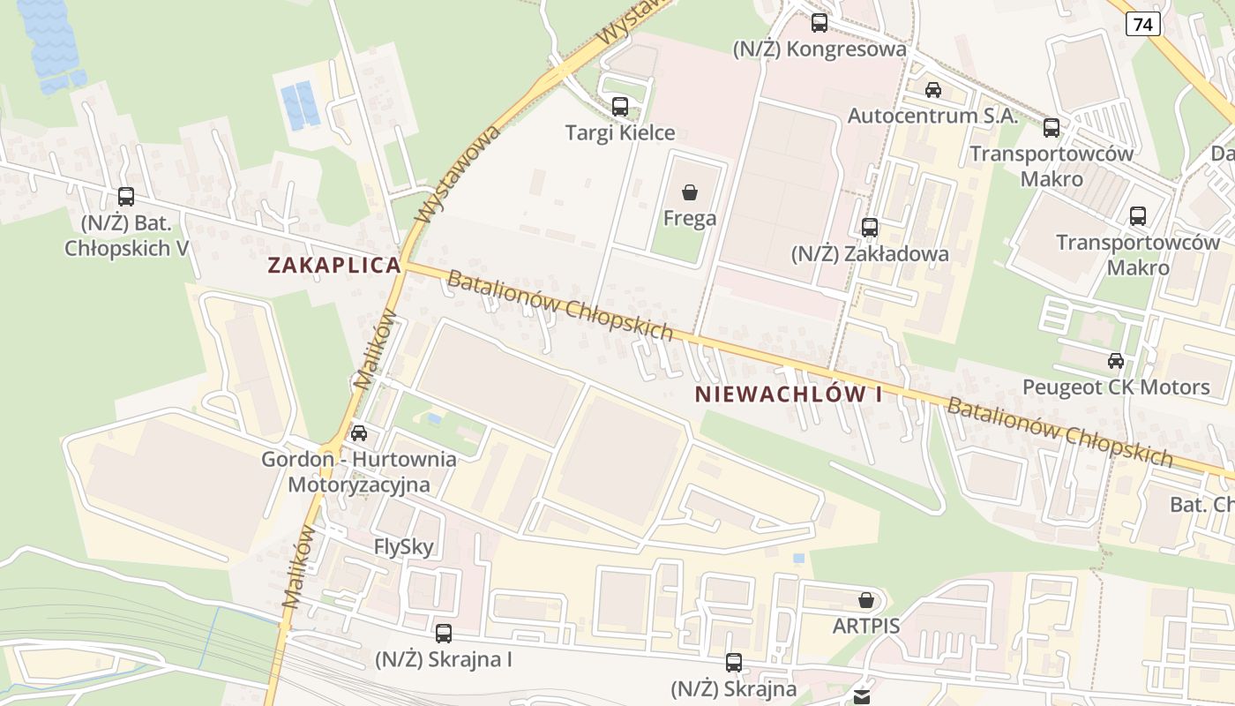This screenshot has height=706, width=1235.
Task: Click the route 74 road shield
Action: coord(1142,25)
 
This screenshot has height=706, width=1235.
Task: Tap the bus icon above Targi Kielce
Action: coord(620,107)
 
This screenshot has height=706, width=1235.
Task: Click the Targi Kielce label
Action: coord(620,133)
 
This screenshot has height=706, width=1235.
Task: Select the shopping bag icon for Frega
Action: coord(690,192)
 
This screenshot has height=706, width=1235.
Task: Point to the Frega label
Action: coord(690,218)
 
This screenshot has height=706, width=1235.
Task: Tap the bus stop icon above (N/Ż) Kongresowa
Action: coord(820,23)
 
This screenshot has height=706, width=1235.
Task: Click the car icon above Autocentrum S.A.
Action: coord(933,89)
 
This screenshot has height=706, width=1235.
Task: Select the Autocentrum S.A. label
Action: coord(933,116)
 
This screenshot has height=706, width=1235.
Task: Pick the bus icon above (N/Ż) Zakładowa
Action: coord(870,228)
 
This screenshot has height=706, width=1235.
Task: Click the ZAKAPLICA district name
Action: coord(334,265)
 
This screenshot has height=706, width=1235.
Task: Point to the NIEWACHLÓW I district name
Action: coord(789,394)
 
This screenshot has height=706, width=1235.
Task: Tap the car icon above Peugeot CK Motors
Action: coord(1116,360)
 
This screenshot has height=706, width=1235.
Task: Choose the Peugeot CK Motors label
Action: coord(1116,387)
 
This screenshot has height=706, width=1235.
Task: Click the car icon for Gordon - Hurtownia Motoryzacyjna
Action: coord(359,433)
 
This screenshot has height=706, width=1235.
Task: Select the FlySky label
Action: coord(404,547)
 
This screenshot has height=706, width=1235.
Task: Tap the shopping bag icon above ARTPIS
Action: coord(866,600)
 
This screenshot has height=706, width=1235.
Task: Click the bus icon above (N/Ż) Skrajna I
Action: coord(444,633)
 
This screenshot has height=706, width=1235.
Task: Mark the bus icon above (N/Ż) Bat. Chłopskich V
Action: coord(126,197)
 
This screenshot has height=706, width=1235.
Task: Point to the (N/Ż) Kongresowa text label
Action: coord(820,49)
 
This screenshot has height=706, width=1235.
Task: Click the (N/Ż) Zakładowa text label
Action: coord(870,254)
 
